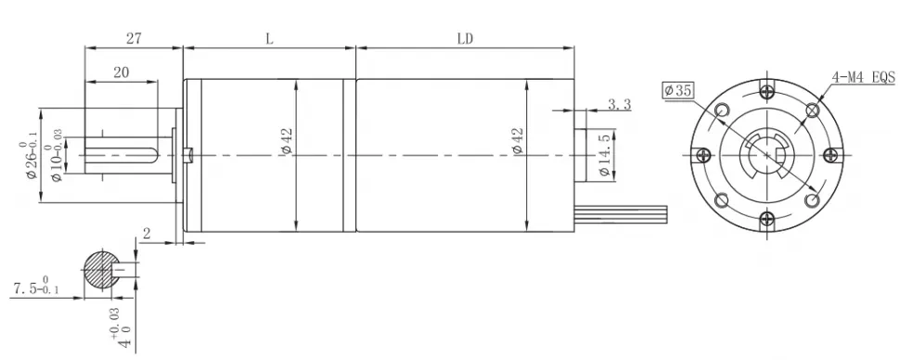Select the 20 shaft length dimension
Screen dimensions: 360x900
click(121, 72)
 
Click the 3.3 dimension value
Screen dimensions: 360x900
click(619, 105)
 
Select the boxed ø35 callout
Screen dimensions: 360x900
click(678, 90)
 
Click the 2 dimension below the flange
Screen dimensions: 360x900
click(147, 231)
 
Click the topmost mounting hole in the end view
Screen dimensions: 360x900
click(765, 90)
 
